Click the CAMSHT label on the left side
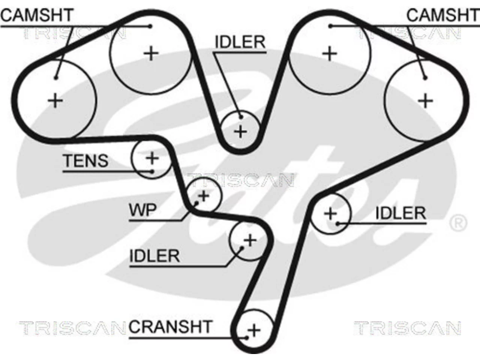coord(37,15)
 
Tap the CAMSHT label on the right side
coord(442,15)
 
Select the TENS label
coord(85,160)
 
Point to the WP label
coord(143,210)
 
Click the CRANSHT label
coord(171,327)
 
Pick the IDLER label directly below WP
coord(154,256)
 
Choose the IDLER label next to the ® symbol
coord(400,213)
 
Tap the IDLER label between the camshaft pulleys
coord(240,42)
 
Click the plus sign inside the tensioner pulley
coord(152,158)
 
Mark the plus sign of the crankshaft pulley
coord(254,330)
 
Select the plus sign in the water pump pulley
coord(203,196)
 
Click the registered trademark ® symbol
coord(458,223)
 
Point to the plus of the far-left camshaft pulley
coord(55,100)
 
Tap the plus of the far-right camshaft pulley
coord(425,101)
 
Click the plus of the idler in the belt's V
coord(240,132)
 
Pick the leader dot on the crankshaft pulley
coord(247,338)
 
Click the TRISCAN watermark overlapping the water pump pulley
coord(240,181)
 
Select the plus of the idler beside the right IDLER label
coord(330,213)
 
